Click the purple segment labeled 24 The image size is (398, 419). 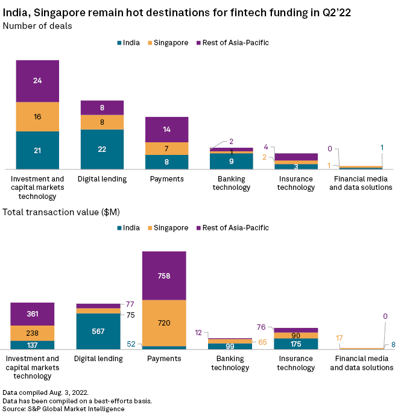click(37, 81)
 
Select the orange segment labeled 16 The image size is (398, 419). click(37, 116)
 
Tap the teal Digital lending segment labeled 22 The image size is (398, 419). click(102, 149)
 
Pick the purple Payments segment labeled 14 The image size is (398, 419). click(166, 129)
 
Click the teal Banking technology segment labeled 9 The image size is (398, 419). click(231, 162)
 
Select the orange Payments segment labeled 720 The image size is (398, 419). click(164, 323)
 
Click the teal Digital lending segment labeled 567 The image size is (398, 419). click(98, 331)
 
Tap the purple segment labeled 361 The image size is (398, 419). click(33, 313)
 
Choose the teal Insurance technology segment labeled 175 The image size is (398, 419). click(295, 344)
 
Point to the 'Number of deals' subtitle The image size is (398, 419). click(37, 25)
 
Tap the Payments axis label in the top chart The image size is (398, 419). click(166, 179)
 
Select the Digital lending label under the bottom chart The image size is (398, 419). click(98, 359)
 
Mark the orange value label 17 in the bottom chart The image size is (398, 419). click(340, 338)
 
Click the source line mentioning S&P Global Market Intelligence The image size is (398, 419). click(63, 409)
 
